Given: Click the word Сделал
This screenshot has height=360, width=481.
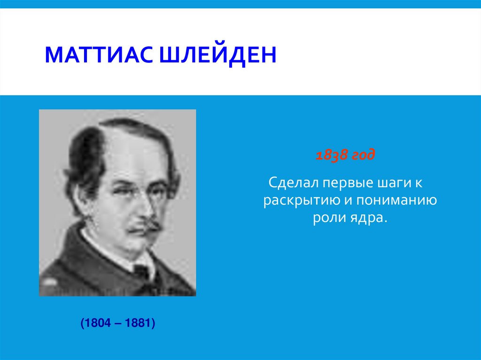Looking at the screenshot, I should coord(290,182).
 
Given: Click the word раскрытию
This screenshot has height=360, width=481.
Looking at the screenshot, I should coord(298,200).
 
